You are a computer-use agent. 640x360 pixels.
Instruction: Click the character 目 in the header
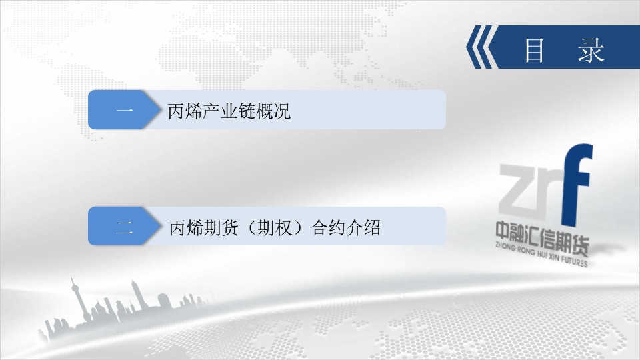click(x=534, y=50)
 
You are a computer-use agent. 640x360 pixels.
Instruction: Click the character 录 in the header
click(x=591, y=50)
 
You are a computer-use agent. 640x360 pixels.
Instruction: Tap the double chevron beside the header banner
click(x=481, y=47)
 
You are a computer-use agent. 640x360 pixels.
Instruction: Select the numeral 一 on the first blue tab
click(x=125, y=110)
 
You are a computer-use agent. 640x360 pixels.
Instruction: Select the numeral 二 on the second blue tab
click(x=125, y=227)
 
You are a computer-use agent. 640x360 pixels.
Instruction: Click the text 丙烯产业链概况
click(x=229, y=111)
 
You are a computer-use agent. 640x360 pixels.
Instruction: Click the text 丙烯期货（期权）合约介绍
click(x=275, y=227)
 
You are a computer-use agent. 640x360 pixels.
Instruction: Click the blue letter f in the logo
click(x=577, y=185)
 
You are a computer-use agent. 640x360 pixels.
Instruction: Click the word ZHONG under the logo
click(x=505, y=247)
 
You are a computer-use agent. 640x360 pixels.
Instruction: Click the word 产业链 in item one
click(x=229, y=111)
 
